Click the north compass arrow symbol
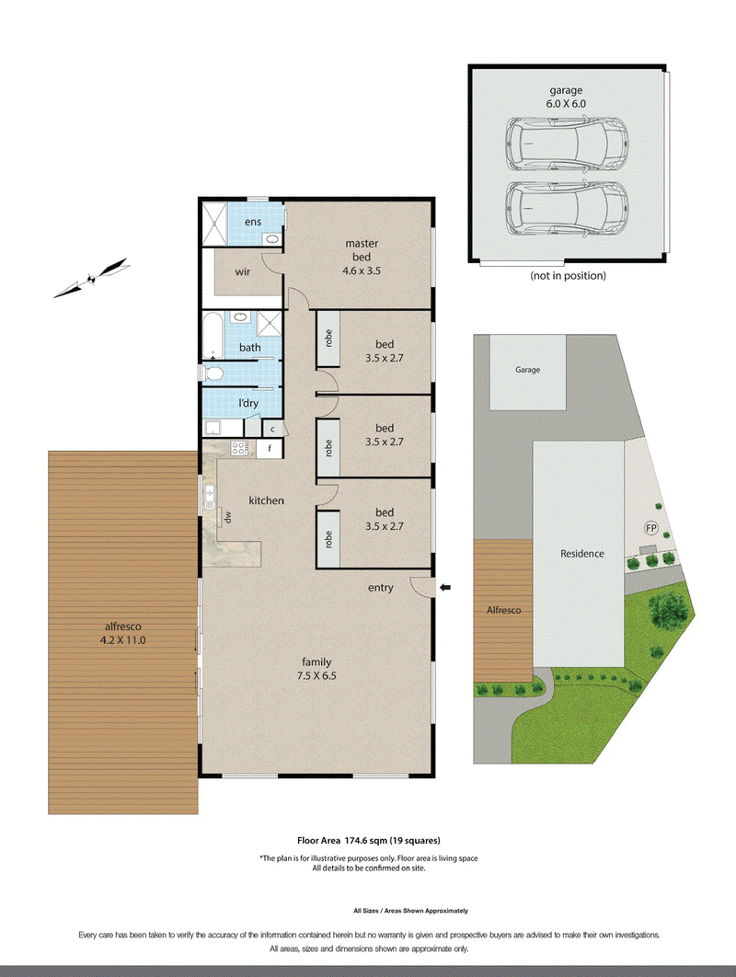92,279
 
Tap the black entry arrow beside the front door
445,587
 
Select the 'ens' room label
252,222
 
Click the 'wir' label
243,271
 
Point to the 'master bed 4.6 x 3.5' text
362,257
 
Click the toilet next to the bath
213,374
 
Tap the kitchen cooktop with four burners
239,448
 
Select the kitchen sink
210,496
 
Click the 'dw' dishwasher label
228,516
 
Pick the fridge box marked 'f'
270,448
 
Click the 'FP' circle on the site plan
650,528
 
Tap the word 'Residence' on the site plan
582,553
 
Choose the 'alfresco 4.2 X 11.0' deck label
122,633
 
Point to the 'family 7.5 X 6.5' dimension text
316,669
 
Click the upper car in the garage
566,144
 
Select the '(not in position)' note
568,275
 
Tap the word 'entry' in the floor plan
380,588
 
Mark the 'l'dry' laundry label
248,403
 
